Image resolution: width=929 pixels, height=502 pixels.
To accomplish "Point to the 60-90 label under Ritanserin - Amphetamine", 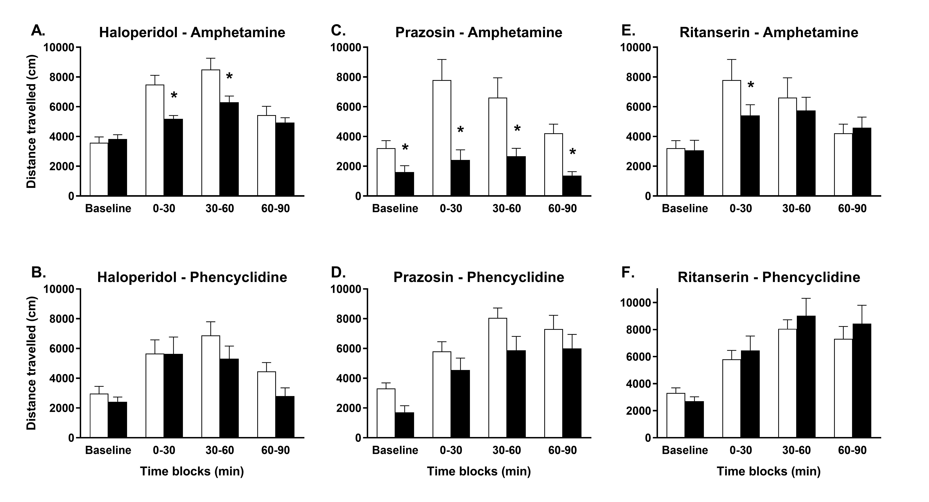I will (852, 208).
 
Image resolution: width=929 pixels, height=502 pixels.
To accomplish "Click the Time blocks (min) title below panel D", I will (479, 471).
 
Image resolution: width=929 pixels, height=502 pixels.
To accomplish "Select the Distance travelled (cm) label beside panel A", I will (32, 121).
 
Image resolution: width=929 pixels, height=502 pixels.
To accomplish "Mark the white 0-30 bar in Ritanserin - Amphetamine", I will (732, 138).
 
